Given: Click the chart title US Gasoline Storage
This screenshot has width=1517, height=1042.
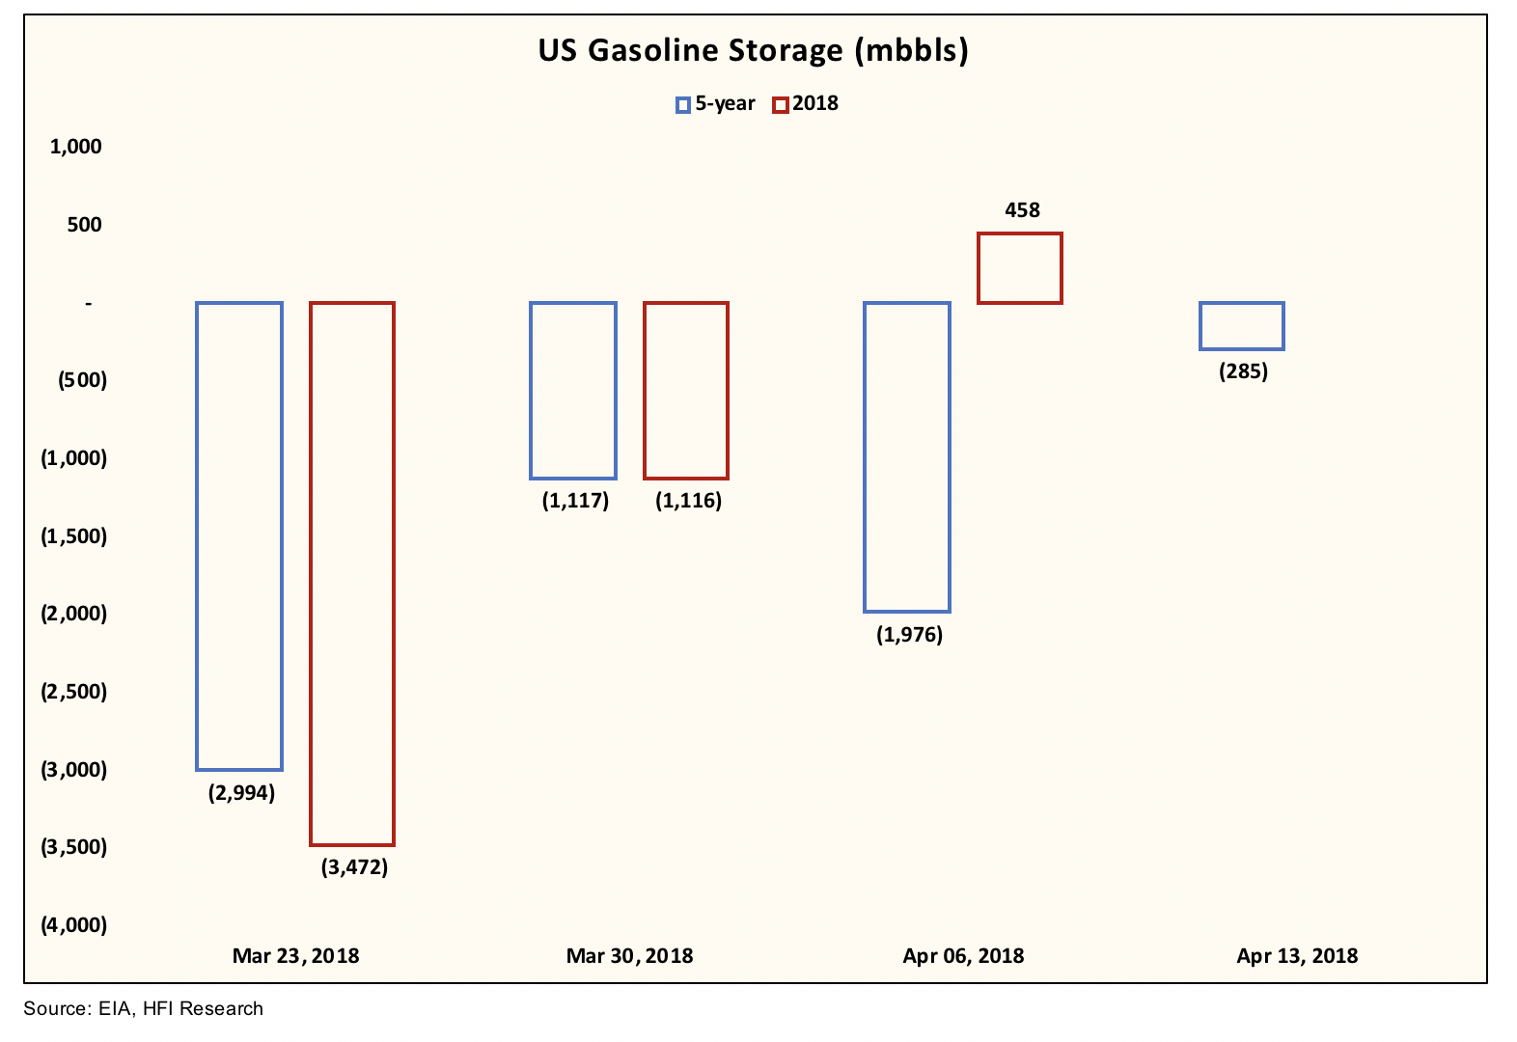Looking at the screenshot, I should click(753, 50).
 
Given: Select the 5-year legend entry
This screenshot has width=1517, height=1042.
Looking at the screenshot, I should click(716, 104).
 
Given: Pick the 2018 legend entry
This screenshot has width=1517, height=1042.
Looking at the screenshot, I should click(806, 104).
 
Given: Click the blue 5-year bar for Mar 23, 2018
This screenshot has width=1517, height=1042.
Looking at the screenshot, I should click(239, 535).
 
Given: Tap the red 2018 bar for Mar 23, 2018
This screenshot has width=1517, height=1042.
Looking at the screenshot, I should click(352, 574).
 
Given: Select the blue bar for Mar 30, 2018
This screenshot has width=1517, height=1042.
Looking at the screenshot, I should click(573, 391).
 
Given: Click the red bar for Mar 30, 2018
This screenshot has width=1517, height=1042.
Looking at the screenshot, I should click(686, 391).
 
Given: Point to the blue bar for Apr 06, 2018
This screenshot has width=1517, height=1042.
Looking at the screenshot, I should click(907, 457).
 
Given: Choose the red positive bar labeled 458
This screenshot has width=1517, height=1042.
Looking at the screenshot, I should click(1020, 268).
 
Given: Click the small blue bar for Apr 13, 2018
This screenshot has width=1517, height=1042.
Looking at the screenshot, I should click(1242, 326).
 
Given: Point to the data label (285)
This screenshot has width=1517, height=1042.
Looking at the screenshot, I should click(1243, 371).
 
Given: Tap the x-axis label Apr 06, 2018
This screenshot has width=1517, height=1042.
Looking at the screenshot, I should click(963, 956).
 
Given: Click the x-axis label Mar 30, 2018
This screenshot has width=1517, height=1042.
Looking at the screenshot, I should click(629, 956).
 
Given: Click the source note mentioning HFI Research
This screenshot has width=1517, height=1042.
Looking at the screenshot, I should click(143, 1009).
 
